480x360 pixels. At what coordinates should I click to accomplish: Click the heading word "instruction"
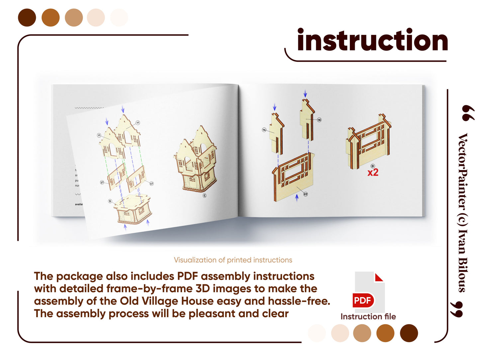point(372,41)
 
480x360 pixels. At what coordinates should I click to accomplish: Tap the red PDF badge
point(363,301)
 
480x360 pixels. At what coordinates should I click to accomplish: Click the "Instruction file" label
point(368,316)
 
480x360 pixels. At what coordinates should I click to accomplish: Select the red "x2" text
point(373,173)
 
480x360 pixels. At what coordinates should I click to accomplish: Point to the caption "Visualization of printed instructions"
point(233,260)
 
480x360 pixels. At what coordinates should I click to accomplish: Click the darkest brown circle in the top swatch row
point(27,18)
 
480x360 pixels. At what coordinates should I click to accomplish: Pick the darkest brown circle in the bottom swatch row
point(409,333)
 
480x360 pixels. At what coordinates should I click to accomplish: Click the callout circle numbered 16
point(319,120)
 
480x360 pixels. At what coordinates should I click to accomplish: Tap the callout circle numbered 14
point(264,130)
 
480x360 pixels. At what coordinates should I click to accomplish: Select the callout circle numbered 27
point(306,194)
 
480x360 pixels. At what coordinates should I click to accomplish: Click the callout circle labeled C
point(205,196)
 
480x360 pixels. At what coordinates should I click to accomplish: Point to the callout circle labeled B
point(110,201)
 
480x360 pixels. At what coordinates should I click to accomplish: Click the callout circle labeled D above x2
point(373,166)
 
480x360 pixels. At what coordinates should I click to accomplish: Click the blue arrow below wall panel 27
point(297,198)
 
